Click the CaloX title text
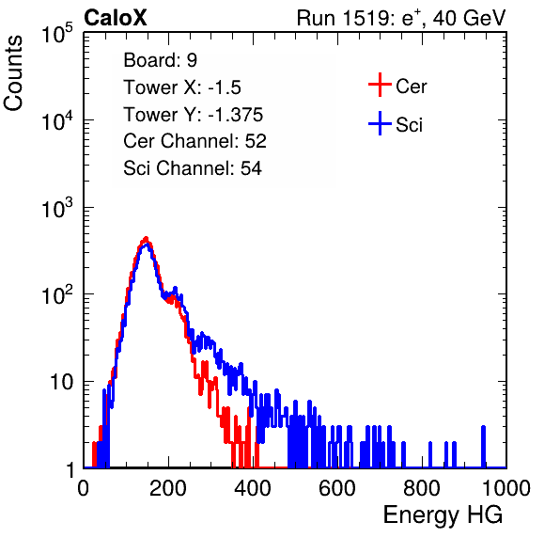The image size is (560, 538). [116, 18]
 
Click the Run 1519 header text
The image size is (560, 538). [401, 18]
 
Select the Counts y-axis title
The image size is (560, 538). [13, 73]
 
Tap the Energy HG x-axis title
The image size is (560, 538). [443, 515]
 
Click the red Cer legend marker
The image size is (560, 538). [380, 85]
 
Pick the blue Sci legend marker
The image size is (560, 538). [380, 124]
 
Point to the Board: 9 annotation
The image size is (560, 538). [160, 60]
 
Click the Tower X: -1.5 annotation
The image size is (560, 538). [182, 87]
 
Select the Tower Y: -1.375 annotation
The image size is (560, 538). [194, 115]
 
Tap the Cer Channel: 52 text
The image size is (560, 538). [194, 141]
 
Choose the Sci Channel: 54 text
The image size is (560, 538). [193, 168]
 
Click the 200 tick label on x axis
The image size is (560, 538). [168, 488]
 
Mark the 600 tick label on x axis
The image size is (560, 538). [337, 488]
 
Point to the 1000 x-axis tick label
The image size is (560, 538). [506, 488]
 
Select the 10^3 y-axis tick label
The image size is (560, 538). [57, 209]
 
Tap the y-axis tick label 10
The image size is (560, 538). [61, 383]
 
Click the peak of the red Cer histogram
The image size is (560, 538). [146, 238]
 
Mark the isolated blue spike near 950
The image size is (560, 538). [483, 447]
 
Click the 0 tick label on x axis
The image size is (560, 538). [84, 488]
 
